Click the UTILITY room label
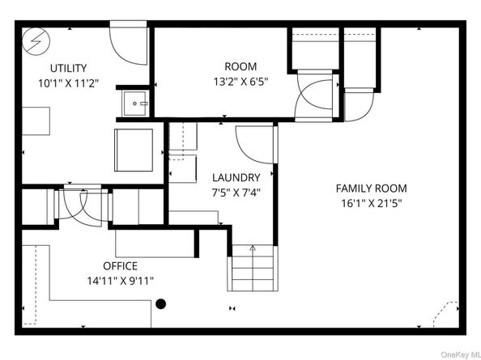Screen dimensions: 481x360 pyautogui.click(x=68, y=68)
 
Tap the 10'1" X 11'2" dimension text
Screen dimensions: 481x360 pyautogui.click(x=68, y=83)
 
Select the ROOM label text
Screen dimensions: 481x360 pyautogui.click(x=240, y=66)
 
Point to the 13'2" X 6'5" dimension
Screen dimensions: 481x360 pyautogui.click(x=240, y=82)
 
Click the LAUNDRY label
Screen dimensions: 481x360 pyautogui.click(x=236, y=178)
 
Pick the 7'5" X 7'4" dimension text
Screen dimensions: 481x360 pyautogui.click(x=236, y=193)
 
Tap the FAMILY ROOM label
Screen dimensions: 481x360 pyautogui.click(x=372, y=188)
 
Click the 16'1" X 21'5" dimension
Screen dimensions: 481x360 pyautogui.click(x=372, y=203)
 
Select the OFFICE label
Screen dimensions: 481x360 pyautogui.click(x=120, y=266)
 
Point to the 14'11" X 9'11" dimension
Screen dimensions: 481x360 pyautogui.click(x=120, y=281)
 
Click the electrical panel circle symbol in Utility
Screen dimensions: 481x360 pyautogui.click(x=36, y=41)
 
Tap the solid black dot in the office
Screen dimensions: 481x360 pyautogui.click(x=161, y=304)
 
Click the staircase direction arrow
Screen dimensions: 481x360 pyautogui.click(x=253, y=248)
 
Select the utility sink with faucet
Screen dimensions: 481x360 pyautogui.click(x=135, y=104)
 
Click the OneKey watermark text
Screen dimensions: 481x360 pyautogui.click(x=461, y=355)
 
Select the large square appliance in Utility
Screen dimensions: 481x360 pyautogui.click(x=134, y=150)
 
